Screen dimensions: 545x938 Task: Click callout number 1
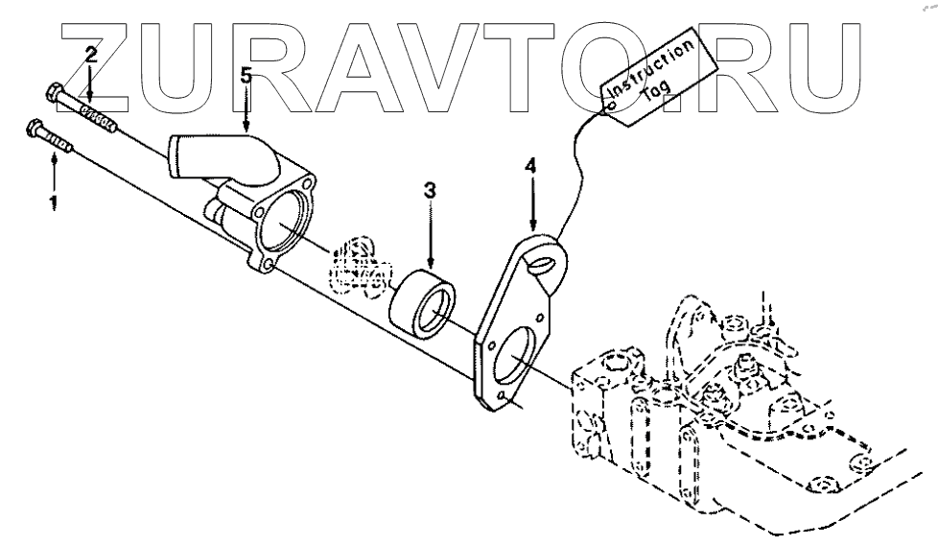[53, 202]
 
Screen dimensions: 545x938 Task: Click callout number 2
[90, 54]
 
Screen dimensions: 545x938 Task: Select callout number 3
[430, 191]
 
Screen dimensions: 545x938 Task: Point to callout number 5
[246, 76]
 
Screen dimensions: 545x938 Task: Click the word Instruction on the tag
[648, 66]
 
